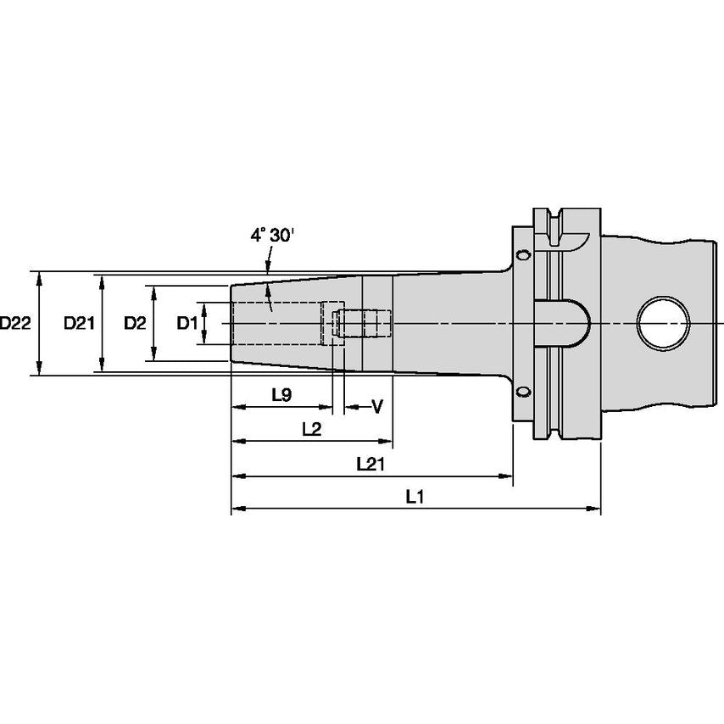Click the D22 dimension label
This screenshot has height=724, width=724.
pos(15,323)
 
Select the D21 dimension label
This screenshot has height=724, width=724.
pos(81,323)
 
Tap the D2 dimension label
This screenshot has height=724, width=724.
pos(135,323)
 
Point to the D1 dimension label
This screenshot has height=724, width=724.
pos(187,323)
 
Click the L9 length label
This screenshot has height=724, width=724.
pos(281,395)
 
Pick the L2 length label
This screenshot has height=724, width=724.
pos(311,429)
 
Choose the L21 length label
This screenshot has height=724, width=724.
pos(370,464)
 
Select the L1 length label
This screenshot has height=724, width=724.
pos(414,498)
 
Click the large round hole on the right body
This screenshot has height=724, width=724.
pos(664,324)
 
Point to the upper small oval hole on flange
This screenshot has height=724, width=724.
pos(524,255)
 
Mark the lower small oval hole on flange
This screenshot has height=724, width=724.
pos(524,392)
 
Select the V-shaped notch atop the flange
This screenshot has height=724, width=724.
pos(555,226)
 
